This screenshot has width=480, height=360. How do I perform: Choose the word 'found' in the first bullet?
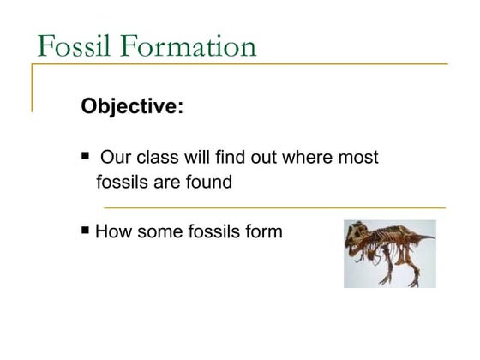tap(207, 182)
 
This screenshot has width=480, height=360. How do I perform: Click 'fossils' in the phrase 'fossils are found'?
tap(122, 182)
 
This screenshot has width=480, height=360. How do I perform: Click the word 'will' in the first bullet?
tap(194, 158)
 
